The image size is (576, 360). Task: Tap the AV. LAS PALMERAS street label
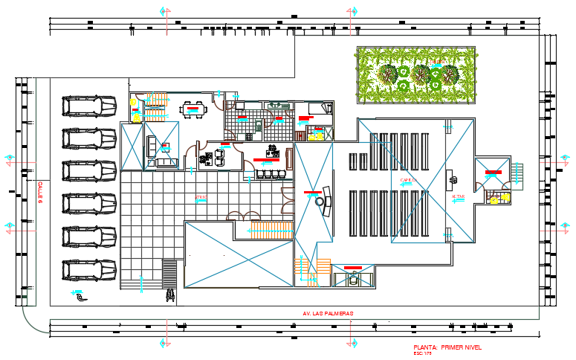(x=328, y=313)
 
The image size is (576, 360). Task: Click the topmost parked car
(x=90, y=106)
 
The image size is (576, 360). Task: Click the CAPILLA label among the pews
(x=408, y=181)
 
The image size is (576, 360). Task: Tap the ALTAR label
(x=458, y=196)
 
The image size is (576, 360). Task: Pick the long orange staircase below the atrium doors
(x=271, y=231)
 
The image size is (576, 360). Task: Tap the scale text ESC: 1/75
(x=424, y=353)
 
